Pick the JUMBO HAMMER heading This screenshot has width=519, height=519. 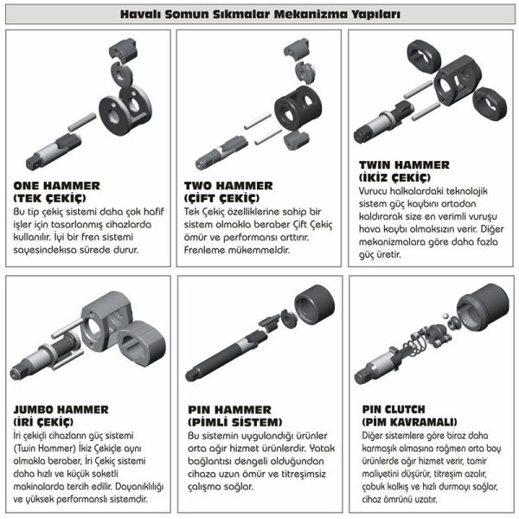pos(61,409)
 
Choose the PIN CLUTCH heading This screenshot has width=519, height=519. pos(397,409)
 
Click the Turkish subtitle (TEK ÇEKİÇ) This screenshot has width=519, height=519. pos(49,198)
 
